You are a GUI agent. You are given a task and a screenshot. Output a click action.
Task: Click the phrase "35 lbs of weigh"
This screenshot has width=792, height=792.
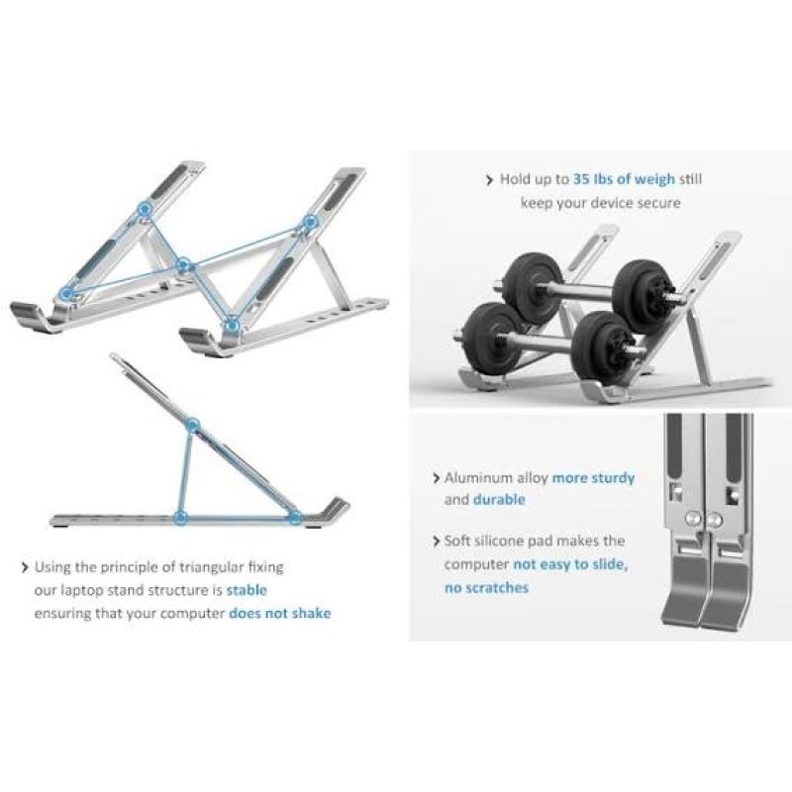(624, 179)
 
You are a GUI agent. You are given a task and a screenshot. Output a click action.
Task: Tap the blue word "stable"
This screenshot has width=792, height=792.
(247, 590)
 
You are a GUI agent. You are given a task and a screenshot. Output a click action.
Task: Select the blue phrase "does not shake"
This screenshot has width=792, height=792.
(280, 613)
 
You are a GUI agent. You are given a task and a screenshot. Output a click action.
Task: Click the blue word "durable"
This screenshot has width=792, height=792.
(499, 500)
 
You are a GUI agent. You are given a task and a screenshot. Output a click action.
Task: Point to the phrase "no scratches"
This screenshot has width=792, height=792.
(486, 588)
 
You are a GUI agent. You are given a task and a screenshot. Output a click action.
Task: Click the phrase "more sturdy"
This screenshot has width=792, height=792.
(593, 478)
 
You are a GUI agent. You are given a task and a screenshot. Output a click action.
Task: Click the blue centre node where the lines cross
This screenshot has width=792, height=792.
(184, 264)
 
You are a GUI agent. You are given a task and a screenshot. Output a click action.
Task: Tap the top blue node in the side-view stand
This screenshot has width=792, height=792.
(192, 426)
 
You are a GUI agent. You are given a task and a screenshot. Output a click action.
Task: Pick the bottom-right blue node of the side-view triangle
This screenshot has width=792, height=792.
(295, 517)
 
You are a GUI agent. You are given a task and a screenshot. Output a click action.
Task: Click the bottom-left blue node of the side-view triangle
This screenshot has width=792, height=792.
(180, 517)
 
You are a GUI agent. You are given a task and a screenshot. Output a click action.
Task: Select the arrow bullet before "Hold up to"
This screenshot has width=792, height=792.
(489, 180)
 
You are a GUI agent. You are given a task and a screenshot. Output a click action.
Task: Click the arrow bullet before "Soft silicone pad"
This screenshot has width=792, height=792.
(437, 542)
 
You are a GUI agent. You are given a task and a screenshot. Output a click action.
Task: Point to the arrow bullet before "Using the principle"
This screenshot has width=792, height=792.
(25, 567)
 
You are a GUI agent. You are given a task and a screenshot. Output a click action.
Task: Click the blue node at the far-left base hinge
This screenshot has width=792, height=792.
(66, 293)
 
